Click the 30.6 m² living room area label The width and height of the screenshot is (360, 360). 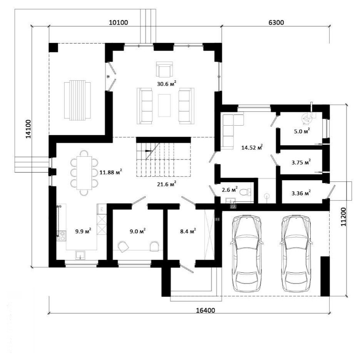167,84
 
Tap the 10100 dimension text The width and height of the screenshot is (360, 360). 118,23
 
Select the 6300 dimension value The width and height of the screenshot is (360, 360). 276,23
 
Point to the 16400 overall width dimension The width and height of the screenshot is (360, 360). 205,310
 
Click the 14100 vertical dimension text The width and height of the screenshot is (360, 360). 28,129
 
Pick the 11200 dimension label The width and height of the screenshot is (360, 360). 343,217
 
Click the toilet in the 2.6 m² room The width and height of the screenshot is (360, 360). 245,192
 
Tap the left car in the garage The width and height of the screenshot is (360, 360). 247,254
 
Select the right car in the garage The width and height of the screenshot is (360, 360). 296,254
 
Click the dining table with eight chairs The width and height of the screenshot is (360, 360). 84,173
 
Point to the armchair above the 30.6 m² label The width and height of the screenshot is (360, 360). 164,69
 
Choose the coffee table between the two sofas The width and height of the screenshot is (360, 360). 164,105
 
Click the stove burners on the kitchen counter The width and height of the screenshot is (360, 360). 62,236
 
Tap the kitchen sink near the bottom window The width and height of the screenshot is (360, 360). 80,255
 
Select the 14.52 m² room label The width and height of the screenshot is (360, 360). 252,148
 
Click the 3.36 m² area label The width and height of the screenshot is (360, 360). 301,193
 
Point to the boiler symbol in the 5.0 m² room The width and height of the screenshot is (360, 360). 307,119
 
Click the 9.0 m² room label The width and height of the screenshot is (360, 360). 137,231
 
